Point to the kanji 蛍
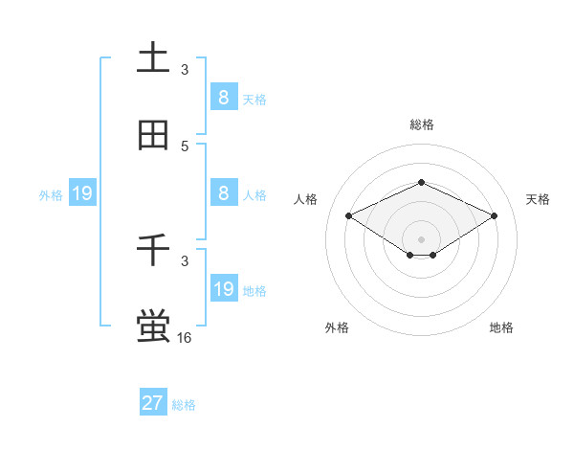(154, 326)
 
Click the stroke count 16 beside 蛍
(185, 337)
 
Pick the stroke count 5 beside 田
(185, 146)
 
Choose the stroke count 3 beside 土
(185, 69)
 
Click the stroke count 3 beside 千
(185, 260)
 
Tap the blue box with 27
(153, 403)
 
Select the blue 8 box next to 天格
(223, 97)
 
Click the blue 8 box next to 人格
(223, 192)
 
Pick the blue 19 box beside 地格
(223, 288)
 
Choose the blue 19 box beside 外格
(82, 193)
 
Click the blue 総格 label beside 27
(184, 405)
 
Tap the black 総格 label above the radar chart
(421, 124)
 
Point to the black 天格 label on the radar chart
(538, 199)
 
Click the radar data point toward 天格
(495, 215)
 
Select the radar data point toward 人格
(348, 215)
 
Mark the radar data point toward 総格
(421, 182)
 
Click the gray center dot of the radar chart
(421, 238)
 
